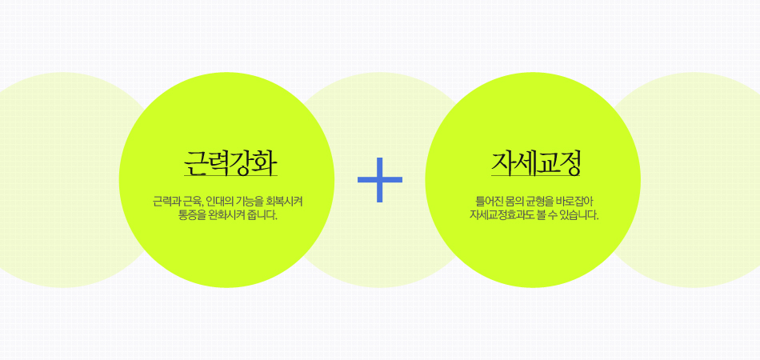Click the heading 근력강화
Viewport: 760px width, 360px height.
coord(230,162)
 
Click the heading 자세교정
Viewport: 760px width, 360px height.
coord(535,162)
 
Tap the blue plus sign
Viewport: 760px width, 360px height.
coord(380,180)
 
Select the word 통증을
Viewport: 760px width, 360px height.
coord(191,215)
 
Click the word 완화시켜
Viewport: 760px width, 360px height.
coord(226,215)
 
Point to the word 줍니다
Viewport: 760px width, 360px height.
coord(262,215)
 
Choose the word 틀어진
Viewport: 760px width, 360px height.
coord(489,201)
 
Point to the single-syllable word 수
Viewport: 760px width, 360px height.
coord(555,215)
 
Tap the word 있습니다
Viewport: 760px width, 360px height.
coord(581,215)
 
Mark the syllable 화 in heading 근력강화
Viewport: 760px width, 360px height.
coord(266,162)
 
